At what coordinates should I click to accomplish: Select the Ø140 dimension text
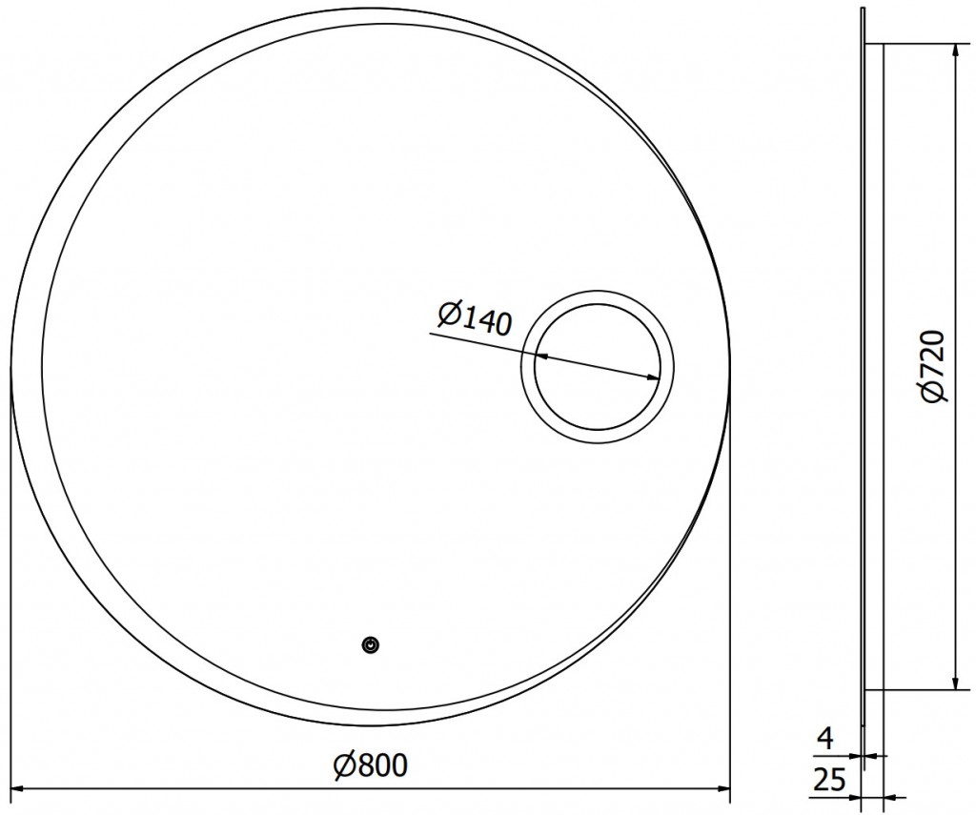coord(474,317)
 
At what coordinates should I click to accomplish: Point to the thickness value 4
coord(824,739)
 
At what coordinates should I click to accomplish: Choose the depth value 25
coord(830,780)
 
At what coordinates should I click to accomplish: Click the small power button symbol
coord(371,645)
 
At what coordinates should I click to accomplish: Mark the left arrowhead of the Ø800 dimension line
coord(17,789)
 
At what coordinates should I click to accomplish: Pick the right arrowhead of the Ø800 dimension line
coord(724,789)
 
